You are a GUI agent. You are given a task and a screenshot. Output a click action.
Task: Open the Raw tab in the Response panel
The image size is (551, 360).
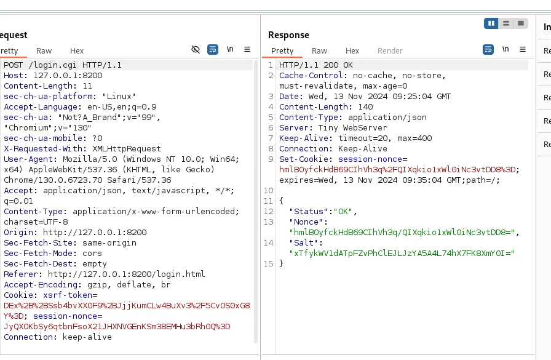(319, 51)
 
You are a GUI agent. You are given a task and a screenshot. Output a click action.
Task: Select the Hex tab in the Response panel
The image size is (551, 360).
(352, 51)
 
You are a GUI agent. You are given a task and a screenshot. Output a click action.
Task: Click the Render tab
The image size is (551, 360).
(390, 51)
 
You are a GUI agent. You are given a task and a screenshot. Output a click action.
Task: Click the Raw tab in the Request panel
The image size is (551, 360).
(44, 51)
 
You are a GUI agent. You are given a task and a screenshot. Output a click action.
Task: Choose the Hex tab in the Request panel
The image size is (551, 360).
(77, 51)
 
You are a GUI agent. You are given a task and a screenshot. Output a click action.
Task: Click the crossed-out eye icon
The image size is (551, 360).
(196, 50)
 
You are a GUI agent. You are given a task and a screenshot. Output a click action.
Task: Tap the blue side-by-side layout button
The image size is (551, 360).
(491, 23)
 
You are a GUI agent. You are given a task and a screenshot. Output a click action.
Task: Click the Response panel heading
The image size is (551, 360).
(288, 35)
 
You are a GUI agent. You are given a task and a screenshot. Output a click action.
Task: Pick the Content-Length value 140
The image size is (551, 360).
(365, 107)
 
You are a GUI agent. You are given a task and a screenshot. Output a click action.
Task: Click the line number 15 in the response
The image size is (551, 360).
(269, 263)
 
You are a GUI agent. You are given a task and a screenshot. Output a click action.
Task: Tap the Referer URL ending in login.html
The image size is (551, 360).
(126, 274)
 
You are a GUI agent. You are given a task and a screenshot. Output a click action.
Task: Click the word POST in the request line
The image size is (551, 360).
(14, 65)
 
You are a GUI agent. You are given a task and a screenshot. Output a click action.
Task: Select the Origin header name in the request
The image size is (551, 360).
(18, 233)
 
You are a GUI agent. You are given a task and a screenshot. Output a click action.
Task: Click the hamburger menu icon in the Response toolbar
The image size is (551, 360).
(523, 50)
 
